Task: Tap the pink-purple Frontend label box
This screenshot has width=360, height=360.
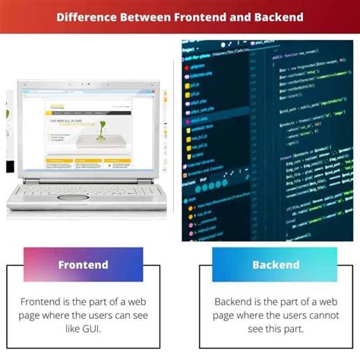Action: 84,265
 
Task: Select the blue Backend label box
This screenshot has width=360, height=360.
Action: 276,265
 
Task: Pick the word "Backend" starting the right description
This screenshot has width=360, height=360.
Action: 236,301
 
